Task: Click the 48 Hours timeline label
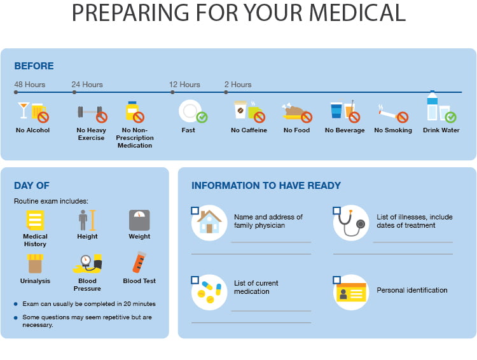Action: (30, 85)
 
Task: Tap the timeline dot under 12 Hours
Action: (172, 92)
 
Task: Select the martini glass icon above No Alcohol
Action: (24, 110)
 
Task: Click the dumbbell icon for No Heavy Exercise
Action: (90, 112)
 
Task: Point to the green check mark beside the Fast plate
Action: (202, 117)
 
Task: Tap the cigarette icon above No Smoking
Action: (387, 113)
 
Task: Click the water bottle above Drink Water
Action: (432, 106)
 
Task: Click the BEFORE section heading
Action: (34, 66)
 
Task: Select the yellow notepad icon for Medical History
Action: (35, 220)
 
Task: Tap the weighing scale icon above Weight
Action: (139, 220)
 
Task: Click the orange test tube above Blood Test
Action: (139, 262)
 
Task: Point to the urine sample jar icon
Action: (35, 263)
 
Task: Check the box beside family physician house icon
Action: (195, 211)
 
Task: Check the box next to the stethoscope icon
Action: (336, 211)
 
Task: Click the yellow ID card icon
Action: (351, 292)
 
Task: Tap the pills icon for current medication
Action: (210, 292)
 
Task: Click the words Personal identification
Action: (412, 290)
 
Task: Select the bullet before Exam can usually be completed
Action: (16, 303)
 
